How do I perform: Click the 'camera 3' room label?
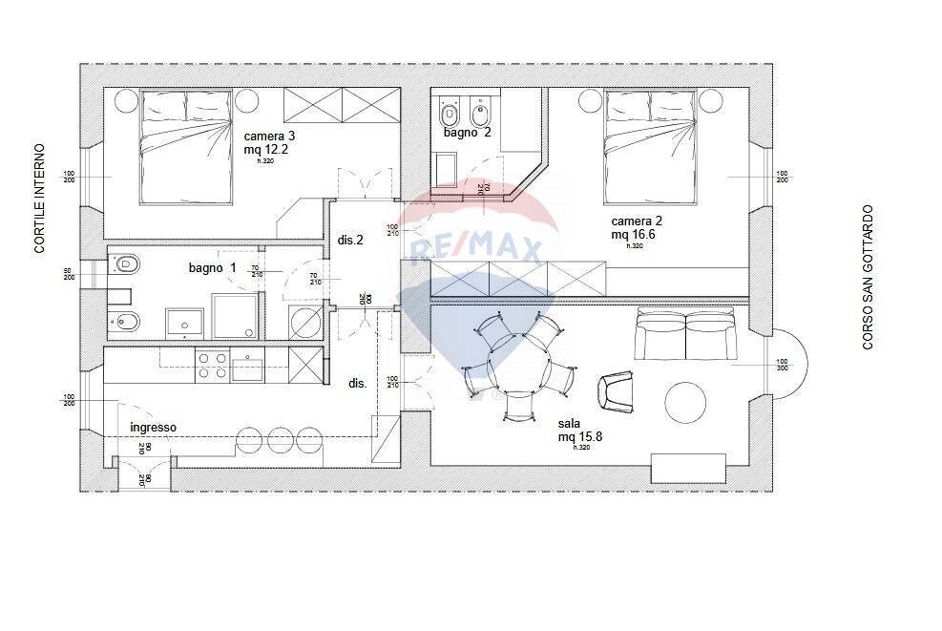click(x=269, y=137)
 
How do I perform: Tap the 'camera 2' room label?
click(x=637, y=221)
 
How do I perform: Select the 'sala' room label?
click(x=571, y=422)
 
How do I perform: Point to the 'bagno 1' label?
click(x=212, y=268)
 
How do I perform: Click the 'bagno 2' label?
click(x=468, y=133)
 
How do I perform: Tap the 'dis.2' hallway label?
click(x=351, y=241)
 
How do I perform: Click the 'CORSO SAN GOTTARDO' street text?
click(x=868, y=277)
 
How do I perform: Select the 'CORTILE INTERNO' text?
click(x=40, y=199)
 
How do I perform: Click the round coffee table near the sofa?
click(x=685, y=404)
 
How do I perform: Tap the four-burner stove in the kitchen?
click(x=211, y=366)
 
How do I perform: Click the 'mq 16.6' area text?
click(x=631, y=234)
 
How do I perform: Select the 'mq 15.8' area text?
click(x=580, y=436)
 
